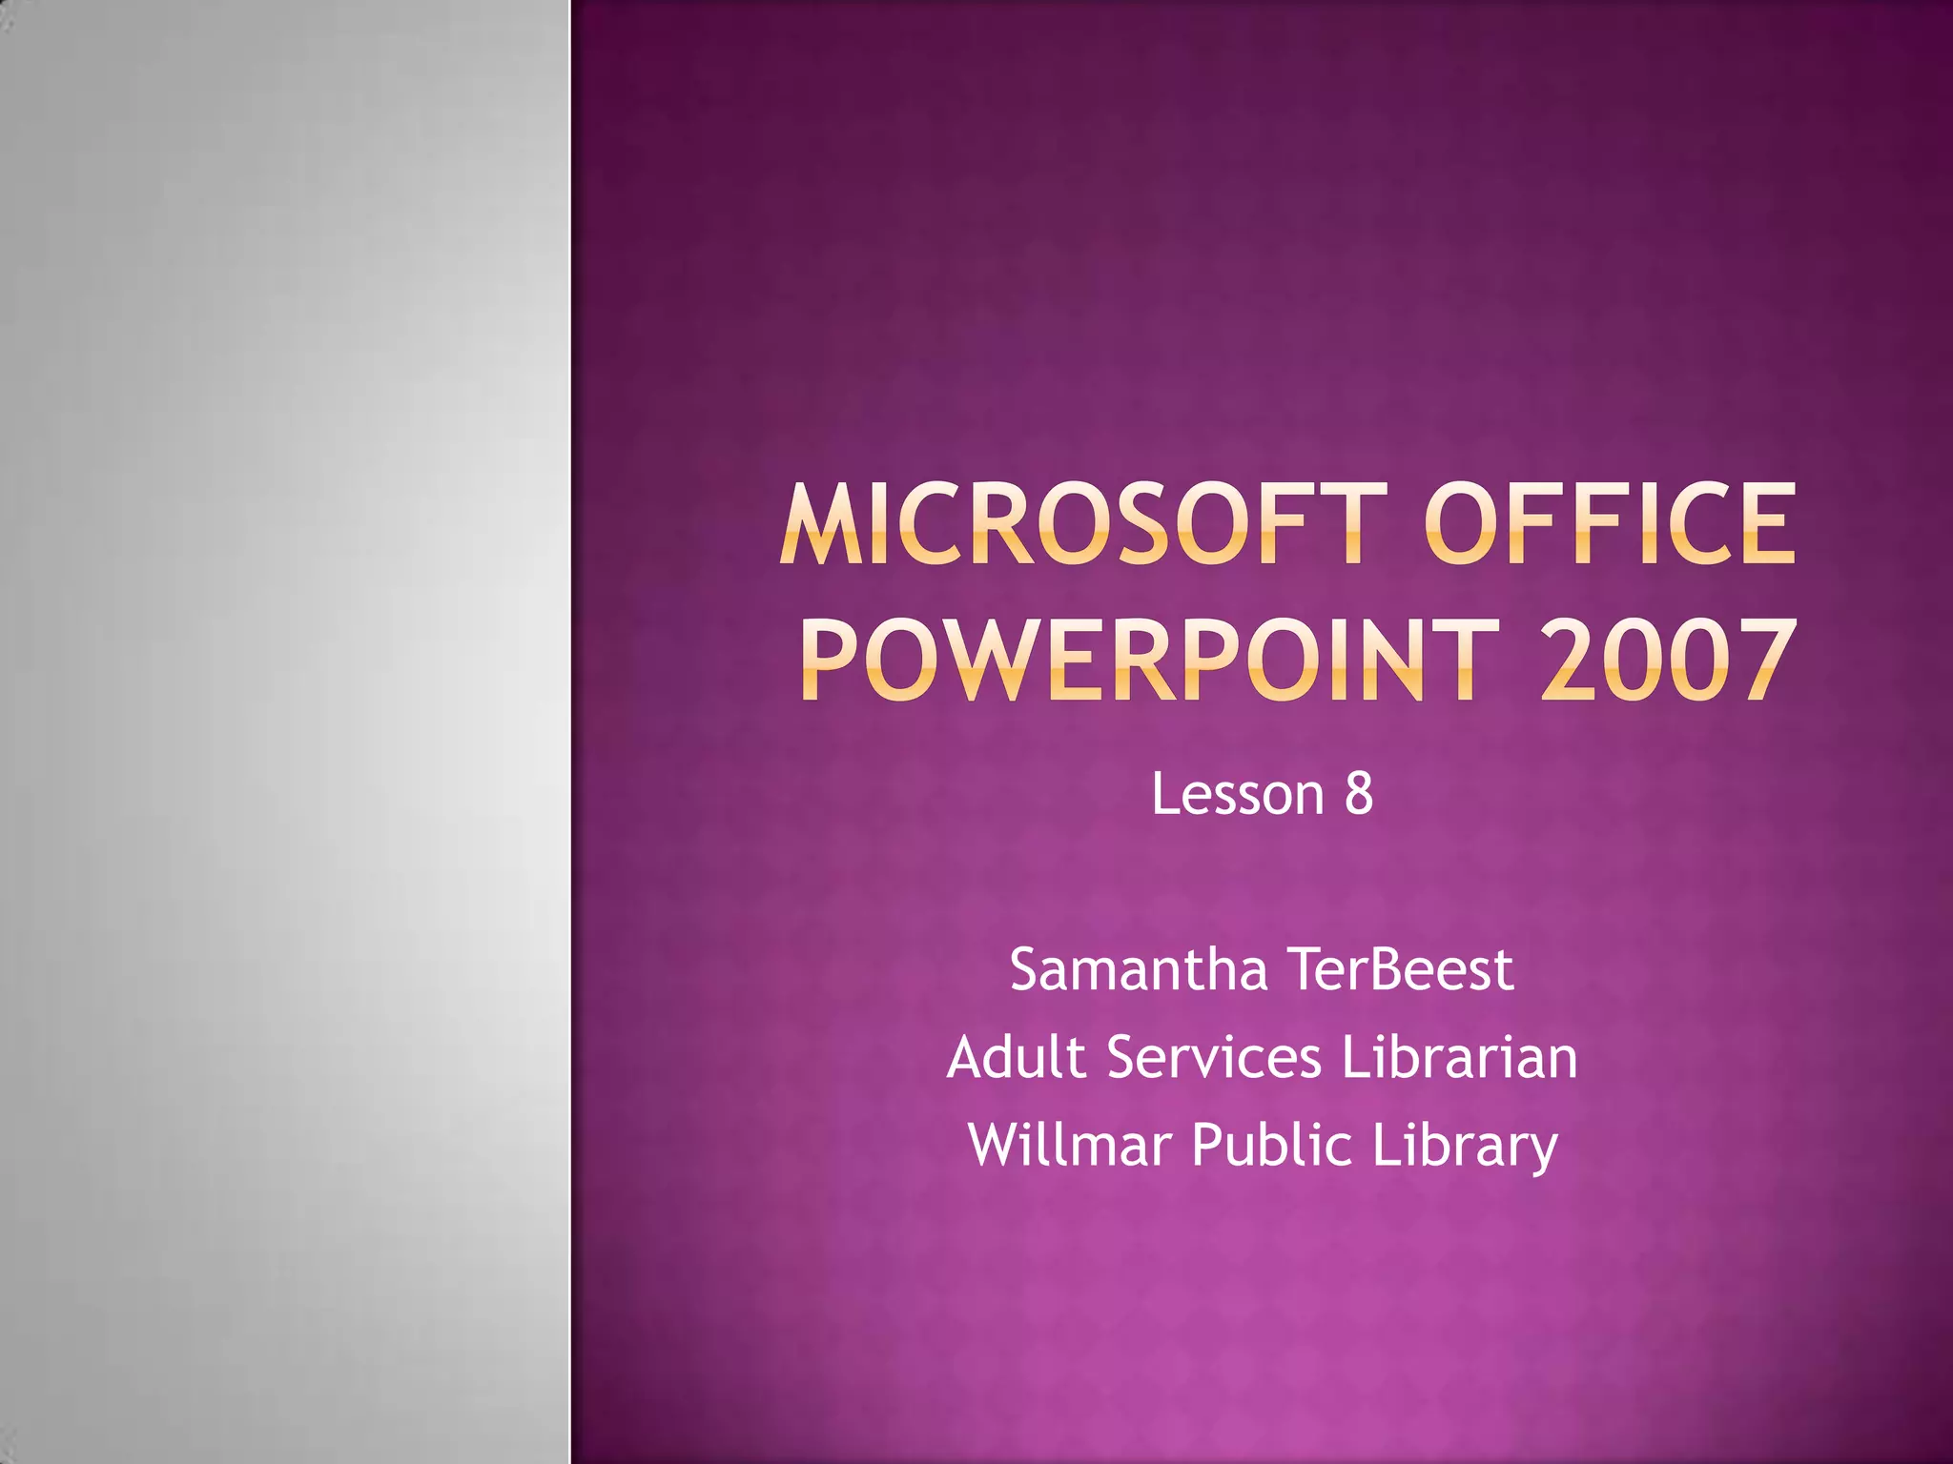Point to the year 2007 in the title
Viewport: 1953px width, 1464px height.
(1668, 660)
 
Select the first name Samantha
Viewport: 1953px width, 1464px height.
(1139, 969)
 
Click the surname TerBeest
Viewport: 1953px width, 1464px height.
(1401, 969)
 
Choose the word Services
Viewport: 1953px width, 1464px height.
(1214, 1057)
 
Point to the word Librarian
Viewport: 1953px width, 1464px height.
(1459, 1057)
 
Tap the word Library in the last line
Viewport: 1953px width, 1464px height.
(1465, 1147)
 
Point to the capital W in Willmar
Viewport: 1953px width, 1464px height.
(997, 1145)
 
